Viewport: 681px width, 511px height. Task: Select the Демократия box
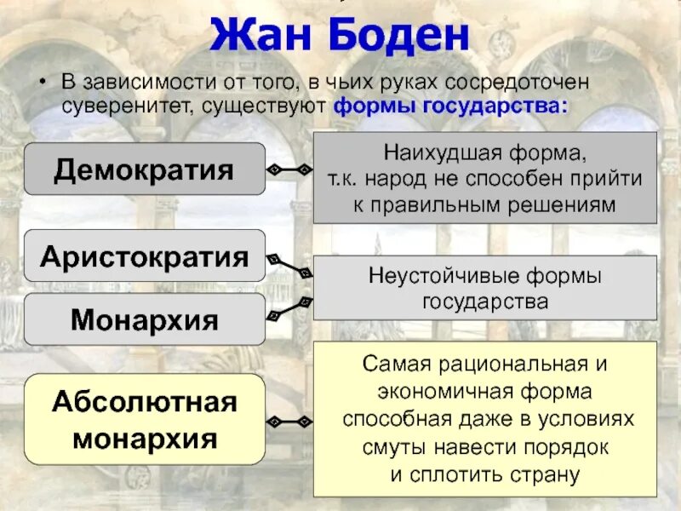click(145, 169)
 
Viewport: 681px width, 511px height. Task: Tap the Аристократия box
click(145, 255)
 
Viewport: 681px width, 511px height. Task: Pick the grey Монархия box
click(145, 319)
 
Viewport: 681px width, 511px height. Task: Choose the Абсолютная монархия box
click(145, 419)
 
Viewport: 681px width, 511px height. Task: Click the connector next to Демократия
click(289, 169)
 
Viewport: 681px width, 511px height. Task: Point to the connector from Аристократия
click(289, 265)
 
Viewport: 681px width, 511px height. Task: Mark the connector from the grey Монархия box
click(289, 310)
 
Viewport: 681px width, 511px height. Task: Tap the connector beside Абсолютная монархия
click(289, 421)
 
